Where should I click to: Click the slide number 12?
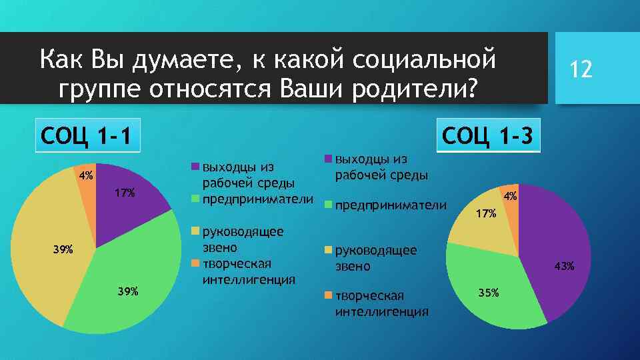(x=580, y=69)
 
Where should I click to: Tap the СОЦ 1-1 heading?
(x=86, y=137)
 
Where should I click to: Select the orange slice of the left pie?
(x=87, y=187)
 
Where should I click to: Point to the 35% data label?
(x=488, y=293)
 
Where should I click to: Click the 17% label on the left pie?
(x=125, y=193)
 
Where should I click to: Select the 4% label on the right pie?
(x=510, y=197)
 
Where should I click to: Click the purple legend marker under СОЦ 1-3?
(x=328, y=159)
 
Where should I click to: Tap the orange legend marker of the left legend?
(x=195, y=262)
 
